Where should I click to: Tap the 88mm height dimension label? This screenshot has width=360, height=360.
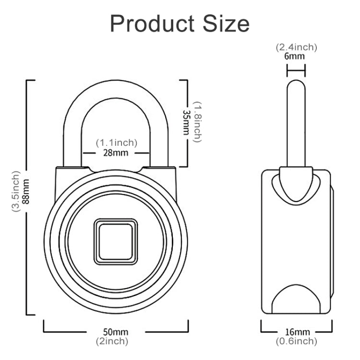point(25,191)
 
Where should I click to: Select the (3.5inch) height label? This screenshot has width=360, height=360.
point(16,191)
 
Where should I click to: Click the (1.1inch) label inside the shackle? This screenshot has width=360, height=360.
point(116,143)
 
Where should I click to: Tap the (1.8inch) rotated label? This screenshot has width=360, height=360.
point(197,122)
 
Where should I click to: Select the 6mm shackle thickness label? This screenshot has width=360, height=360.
point(296,56)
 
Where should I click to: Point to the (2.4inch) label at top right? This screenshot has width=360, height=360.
point(296,47)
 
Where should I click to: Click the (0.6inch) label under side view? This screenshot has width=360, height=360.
point(296,341)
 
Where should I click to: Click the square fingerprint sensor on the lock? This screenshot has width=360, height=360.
point(116,241)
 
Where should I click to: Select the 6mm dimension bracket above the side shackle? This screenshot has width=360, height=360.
point(296,72)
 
